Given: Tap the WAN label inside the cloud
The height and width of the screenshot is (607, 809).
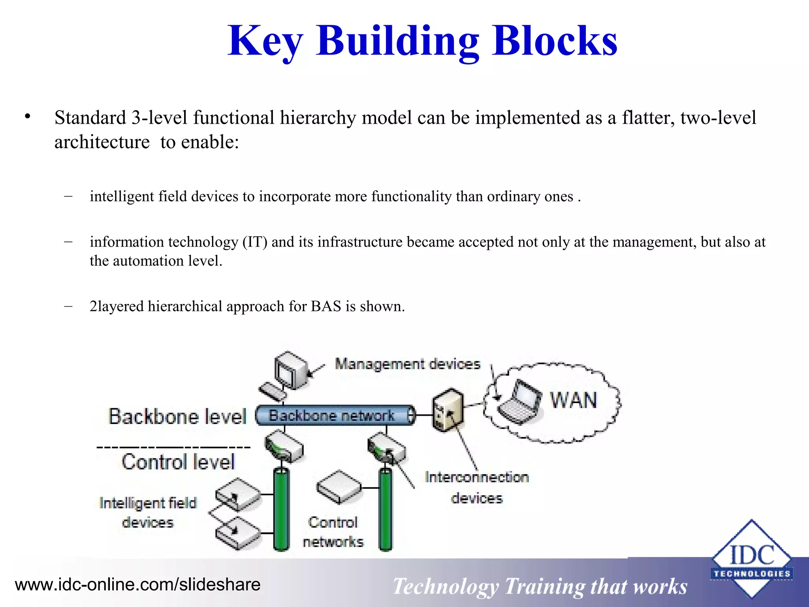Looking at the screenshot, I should point(574,400).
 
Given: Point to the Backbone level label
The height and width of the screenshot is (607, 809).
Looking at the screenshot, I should point(177,417).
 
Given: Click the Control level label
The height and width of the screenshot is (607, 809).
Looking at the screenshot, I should point(178,462).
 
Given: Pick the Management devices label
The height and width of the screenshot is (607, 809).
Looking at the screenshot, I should point(407,364).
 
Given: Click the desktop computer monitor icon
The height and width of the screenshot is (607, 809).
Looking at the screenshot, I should point(292,370).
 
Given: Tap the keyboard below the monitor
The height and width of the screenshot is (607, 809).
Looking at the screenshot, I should point(272,392).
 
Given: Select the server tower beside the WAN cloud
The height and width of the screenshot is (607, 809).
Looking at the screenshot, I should point(447,409).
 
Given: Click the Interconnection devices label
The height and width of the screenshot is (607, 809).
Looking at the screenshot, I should point(476,488).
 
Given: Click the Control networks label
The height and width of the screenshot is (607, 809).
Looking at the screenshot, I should point(333,532).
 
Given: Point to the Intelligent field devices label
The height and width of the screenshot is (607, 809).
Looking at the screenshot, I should point(148,513).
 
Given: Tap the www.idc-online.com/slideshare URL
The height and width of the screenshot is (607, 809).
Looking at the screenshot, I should point(137,584).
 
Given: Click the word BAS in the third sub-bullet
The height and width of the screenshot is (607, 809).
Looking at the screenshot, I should point(325,307).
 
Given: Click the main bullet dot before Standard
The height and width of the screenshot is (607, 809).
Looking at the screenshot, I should point(27,117).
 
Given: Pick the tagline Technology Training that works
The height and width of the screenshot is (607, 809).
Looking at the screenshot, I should point(540,586).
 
